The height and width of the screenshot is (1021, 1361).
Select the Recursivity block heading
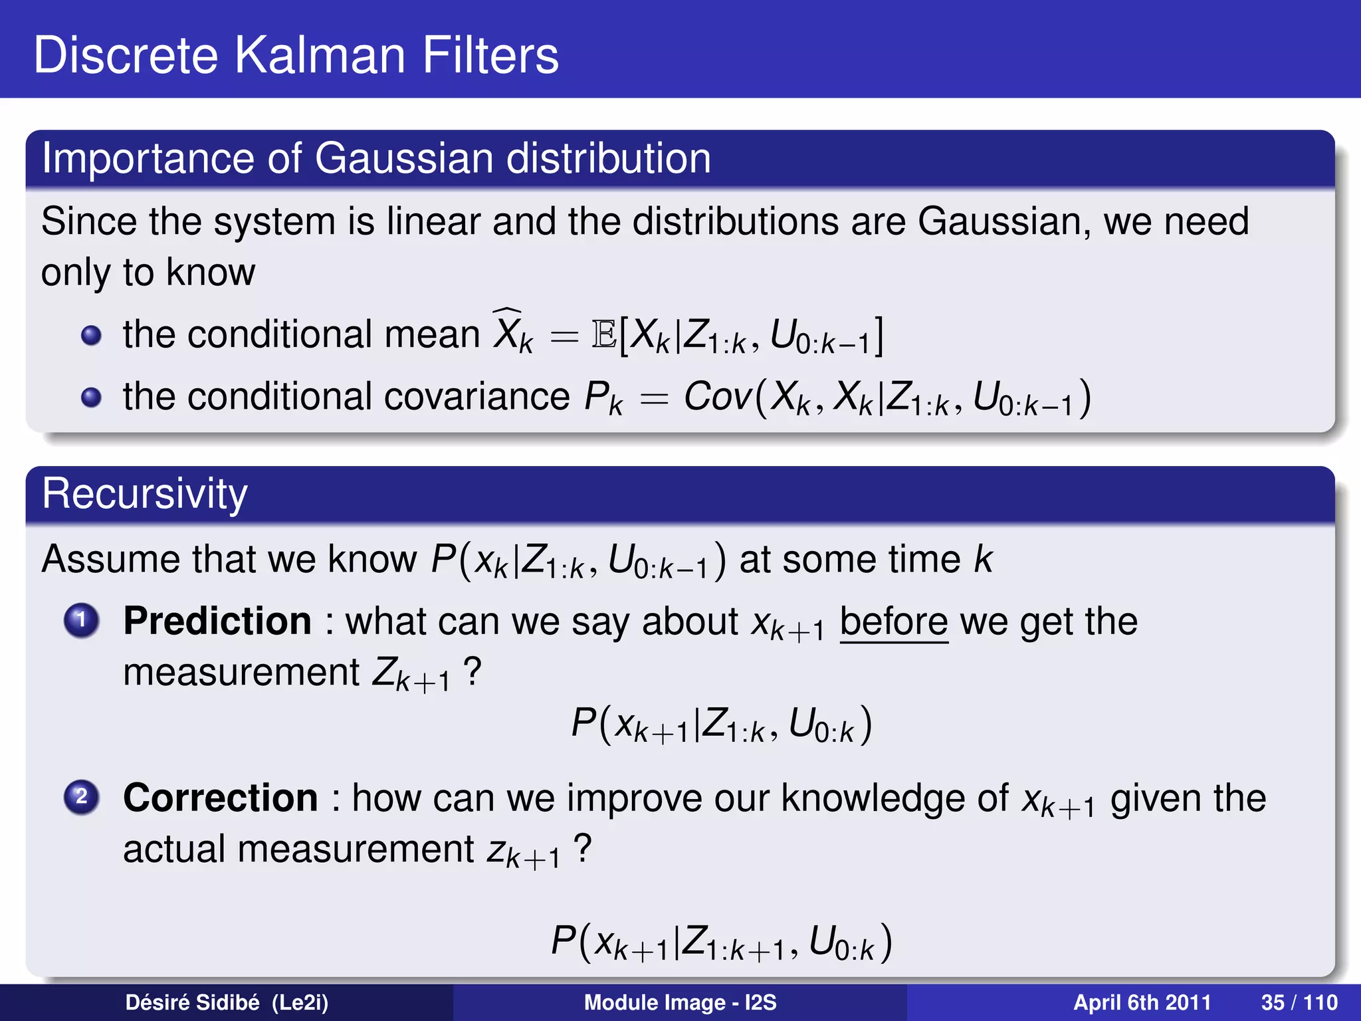click(144, 493)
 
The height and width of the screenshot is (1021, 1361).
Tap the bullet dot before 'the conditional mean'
click(91, 336)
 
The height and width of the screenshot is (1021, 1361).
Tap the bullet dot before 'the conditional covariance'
click(91, 397)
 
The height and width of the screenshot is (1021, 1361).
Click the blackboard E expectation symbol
click(603, 334)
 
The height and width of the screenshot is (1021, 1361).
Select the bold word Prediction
click(217, 621)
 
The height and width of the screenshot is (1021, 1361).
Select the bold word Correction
click(221, 798)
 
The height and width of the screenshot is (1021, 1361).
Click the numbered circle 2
click(82, 796)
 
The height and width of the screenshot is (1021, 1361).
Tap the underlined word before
click(894, 622)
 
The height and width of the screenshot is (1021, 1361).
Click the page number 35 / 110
click(1299, 1002)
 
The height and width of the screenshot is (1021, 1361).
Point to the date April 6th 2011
click(1142, 1002)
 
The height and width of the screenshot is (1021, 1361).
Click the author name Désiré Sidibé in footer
click(193, 1002)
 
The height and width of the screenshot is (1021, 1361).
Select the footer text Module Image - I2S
click(680, 1002)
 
